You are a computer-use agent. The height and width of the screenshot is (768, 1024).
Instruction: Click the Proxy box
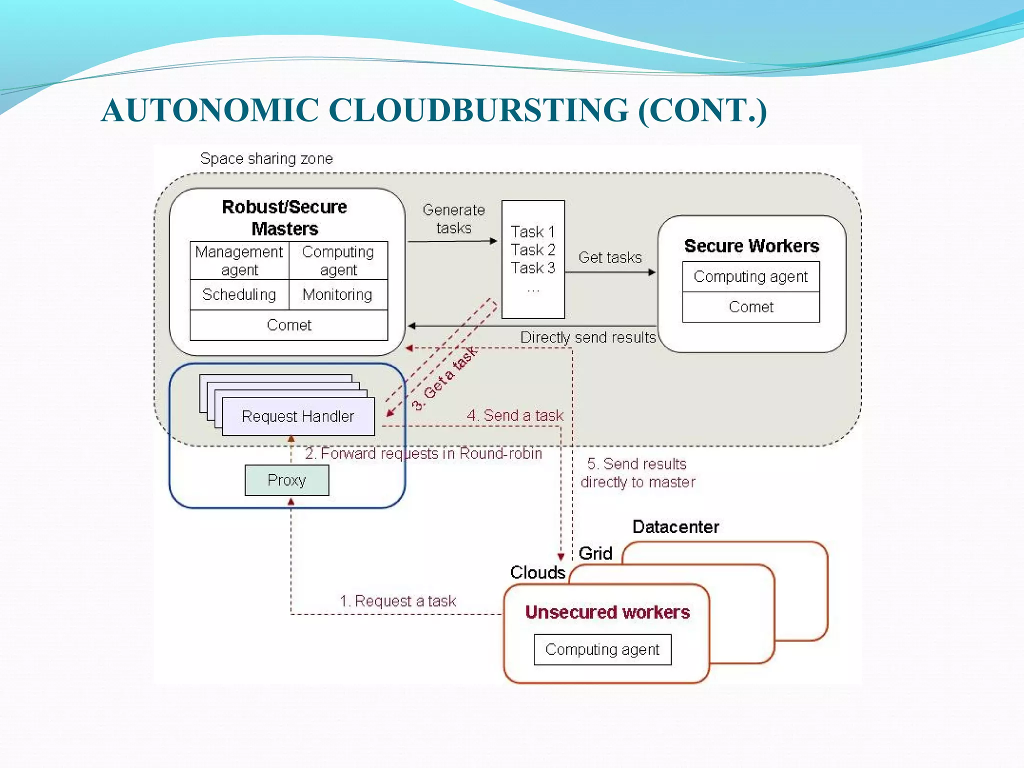[286, 480]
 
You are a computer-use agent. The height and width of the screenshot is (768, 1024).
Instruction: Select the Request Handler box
[298, 416]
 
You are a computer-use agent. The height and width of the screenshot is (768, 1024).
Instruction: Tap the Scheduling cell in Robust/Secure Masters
[239, 294]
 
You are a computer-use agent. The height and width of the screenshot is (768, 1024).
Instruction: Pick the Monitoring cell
[337, 294]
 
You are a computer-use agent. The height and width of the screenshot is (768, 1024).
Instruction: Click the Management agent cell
[239, 260]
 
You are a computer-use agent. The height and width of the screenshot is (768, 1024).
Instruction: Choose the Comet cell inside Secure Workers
[750, 306]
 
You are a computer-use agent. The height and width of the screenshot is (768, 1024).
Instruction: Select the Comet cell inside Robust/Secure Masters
[288, 325]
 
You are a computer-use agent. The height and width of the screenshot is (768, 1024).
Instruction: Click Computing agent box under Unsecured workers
[602, 649]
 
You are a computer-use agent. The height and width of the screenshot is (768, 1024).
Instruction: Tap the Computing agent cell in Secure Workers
[750, 276]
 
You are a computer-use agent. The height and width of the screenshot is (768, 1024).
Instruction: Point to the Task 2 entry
[532, 249]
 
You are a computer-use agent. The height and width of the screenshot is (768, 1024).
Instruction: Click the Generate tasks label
[453, 218]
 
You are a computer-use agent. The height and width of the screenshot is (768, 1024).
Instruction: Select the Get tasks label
[609, 257]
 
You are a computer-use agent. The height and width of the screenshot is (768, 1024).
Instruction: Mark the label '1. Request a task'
[397, 600]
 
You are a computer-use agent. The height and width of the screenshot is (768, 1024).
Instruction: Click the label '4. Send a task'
[514, 415]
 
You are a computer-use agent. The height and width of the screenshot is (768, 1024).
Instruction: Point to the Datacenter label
[675, 526]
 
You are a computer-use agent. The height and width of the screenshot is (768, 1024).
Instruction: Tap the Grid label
[595, 553]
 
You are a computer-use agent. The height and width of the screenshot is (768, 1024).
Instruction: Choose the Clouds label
[537, 572]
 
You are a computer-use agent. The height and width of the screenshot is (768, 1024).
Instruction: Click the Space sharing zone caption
[266, 158]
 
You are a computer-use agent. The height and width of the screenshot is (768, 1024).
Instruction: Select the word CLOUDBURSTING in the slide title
[478, 110]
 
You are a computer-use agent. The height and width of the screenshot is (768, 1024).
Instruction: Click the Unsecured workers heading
[607, 612]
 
